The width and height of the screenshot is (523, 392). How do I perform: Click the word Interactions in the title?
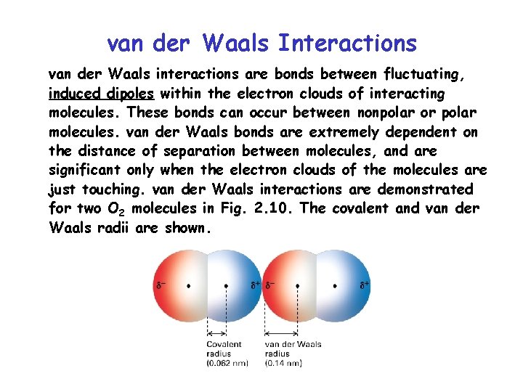pyautogui.click(x=347, y=44)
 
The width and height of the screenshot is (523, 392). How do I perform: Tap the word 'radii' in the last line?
pyautogui.click(x=150, y=228)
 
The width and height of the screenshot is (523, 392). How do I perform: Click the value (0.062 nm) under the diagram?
pyautogui.click(x=230, y=363)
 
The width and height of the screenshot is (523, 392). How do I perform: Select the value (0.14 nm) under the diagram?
pyautogui.click(x=286, y=363)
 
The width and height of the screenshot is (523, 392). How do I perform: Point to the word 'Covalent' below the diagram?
pyautogui.click(x=224, y=344)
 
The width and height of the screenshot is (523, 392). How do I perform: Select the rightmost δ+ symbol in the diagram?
pyautogui.click(x=365, y=285)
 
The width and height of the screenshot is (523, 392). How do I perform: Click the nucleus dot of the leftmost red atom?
pyautogui.click(x=190, y=286)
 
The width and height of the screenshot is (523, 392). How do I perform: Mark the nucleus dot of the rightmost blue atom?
pyautogui.click(x=335, y=286)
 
